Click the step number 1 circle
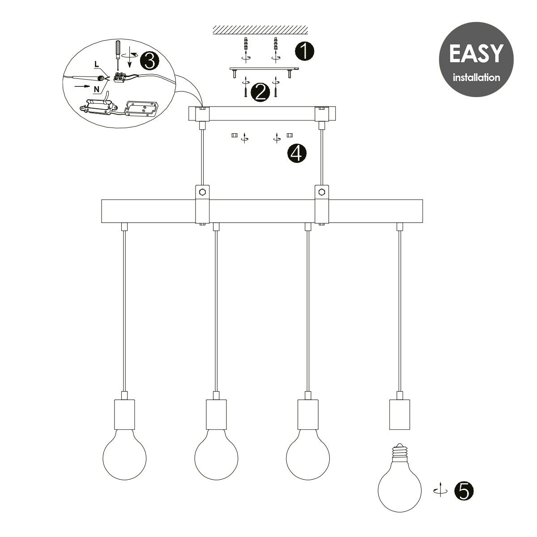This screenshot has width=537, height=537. click(x=304, y=51)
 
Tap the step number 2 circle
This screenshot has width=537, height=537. click(x=260, y=93)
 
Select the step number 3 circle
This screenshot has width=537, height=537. click(x=149, y=61)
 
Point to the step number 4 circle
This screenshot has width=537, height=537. click(x=297, y=153)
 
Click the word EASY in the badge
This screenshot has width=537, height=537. click(x=476, y=54)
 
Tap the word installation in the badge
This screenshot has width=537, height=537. click(x=476, y=77)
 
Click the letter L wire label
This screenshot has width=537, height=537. click(x=97, y=64)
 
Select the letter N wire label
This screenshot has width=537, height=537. click(x=96, y=89)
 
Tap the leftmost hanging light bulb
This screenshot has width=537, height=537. click(x=124, y=457)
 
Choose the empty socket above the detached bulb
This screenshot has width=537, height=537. click(x=399, y=414)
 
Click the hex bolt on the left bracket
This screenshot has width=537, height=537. click(x=203, y=192)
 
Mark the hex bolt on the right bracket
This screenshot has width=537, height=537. click(x=322, y=192)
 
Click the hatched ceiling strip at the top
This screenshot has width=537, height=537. click(x=260, y=30)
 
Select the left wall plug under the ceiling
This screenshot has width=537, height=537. click(x=246, y=43)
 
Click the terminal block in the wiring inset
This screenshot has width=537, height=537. click(x=121, y=77)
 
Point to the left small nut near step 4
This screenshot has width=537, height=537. click(x=234, y=136)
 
